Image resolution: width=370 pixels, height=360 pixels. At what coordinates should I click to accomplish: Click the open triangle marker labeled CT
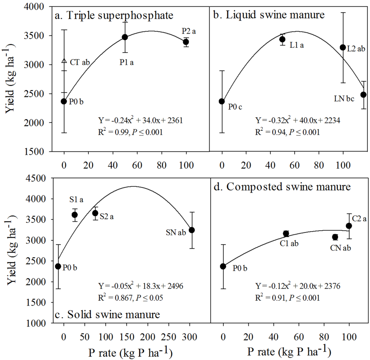[64, 61]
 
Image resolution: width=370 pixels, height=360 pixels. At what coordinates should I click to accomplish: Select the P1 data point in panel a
[125, 37]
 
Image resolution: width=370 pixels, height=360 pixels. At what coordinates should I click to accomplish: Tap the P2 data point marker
[186, 42]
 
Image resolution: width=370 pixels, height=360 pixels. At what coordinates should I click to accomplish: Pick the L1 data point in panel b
[282, 39]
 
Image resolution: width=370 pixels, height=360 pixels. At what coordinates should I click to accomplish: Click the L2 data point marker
[343, 47]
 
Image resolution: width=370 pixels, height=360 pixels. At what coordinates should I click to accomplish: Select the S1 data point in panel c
[75, 215]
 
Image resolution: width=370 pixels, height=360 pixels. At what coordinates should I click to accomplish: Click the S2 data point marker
[95, 213]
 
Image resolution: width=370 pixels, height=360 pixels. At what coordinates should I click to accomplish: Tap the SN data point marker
[192, 230]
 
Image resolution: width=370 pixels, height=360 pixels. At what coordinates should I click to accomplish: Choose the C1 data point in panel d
[286, 234]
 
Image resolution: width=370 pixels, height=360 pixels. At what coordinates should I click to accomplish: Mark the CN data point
[335, 237]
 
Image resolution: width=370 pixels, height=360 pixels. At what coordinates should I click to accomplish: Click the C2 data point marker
[349, 226]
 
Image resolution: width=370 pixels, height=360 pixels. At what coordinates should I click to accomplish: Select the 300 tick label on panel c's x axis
[189, 331]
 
